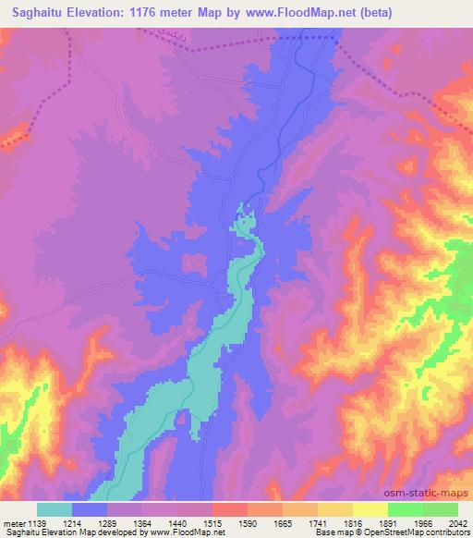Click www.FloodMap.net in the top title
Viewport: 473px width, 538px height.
pyautogui.click(x=320, y=13)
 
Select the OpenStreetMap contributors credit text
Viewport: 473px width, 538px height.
pyautogui.click(x=426, y=532)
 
